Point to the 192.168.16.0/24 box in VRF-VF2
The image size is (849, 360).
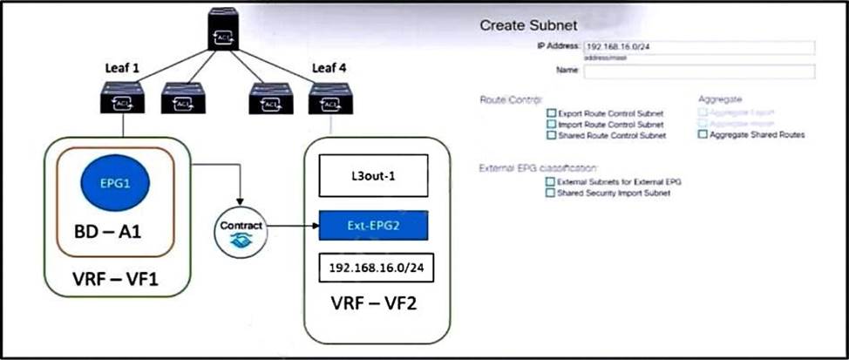point(375,270)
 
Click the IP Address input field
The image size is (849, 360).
point(698,48)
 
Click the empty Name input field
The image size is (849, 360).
point(698,71)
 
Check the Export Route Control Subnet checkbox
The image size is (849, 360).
point(551,113)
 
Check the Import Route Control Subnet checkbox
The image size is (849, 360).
point(551,125)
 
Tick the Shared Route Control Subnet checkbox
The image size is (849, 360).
point(551,135)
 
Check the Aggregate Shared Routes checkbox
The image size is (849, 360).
point(703,135)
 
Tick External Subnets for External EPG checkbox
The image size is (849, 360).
point(549,181)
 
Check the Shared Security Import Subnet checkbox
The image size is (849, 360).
point(549,193)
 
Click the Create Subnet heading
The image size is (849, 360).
point(528,25)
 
